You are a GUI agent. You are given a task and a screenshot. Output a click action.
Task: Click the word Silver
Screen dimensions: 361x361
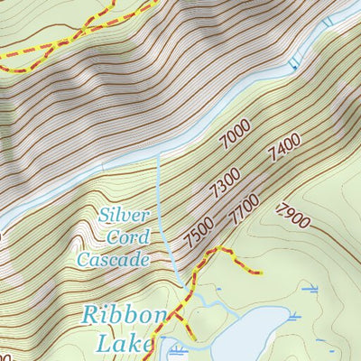click(x=124, y=216)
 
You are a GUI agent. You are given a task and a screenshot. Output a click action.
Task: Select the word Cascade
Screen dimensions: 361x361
click(x=112, y=260)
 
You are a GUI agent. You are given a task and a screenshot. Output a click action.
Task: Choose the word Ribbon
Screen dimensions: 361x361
click(x=125, y=316)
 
